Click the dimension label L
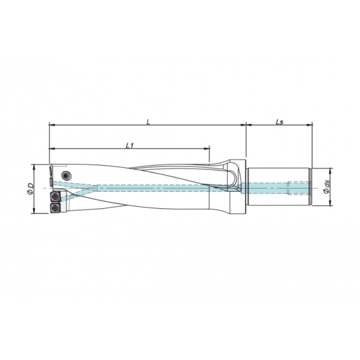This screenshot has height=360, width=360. (148, 121)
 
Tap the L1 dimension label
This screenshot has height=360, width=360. (129, 145)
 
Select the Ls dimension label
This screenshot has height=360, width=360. (279, 121)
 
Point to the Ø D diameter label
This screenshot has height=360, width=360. (29, 189)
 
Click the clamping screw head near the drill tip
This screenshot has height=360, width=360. (66, 175)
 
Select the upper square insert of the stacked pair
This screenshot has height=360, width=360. (55, 197)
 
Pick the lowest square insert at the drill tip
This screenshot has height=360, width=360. (55, 207)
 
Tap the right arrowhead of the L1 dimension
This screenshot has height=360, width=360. (207, 148)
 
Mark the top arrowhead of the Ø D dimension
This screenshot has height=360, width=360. (35, 166)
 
